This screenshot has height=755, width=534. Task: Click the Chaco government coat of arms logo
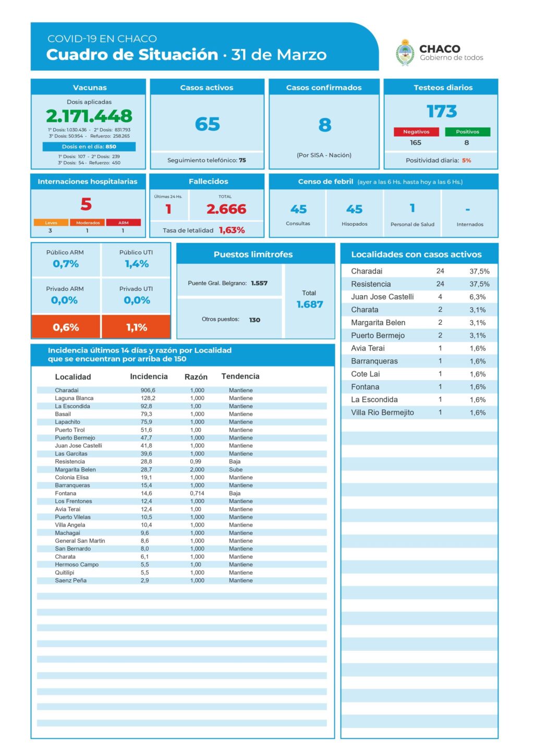[x=405, y=53]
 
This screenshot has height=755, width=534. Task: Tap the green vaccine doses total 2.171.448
[x=89, y=116]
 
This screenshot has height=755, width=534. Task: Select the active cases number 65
[x=207, y=124]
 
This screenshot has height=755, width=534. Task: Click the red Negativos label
[x=416, y=132]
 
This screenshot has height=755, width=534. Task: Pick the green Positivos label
[x=467, y=132]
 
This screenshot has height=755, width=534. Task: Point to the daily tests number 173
[x=442, y=112]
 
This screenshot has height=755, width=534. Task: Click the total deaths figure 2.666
[x=226, y=209]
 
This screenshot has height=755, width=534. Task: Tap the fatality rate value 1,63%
[x=232, y=230]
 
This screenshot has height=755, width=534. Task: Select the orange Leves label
[x=51, y=223]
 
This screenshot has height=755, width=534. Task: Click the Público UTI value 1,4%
[x=137, y=264]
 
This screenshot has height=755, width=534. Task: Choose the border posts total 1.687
[x=310, y=305]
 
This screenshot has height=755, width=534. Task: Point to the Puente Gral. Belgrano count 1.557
[x=259, y=283]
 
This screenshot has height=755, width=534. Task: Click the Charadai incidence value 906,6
[x=148, y=390]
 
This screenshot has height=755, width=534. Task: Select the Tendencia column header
[x=240, y=376]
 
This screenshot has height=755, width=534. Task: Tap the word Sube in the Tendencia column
[x=236, y=469]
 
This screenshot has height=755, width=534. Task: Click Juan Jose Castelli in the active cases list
[x=382, y=297]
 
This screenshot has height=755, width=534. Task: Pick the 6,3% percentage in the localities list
[x=477, y=297]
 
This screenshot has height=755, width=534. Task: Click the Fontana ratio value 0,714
[x=197, y=493]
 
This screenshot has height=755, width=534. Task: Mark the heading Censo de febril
[x=325, y=181]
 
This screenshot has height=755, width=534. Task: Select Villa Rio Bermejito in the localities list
[x=382, y=412]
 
